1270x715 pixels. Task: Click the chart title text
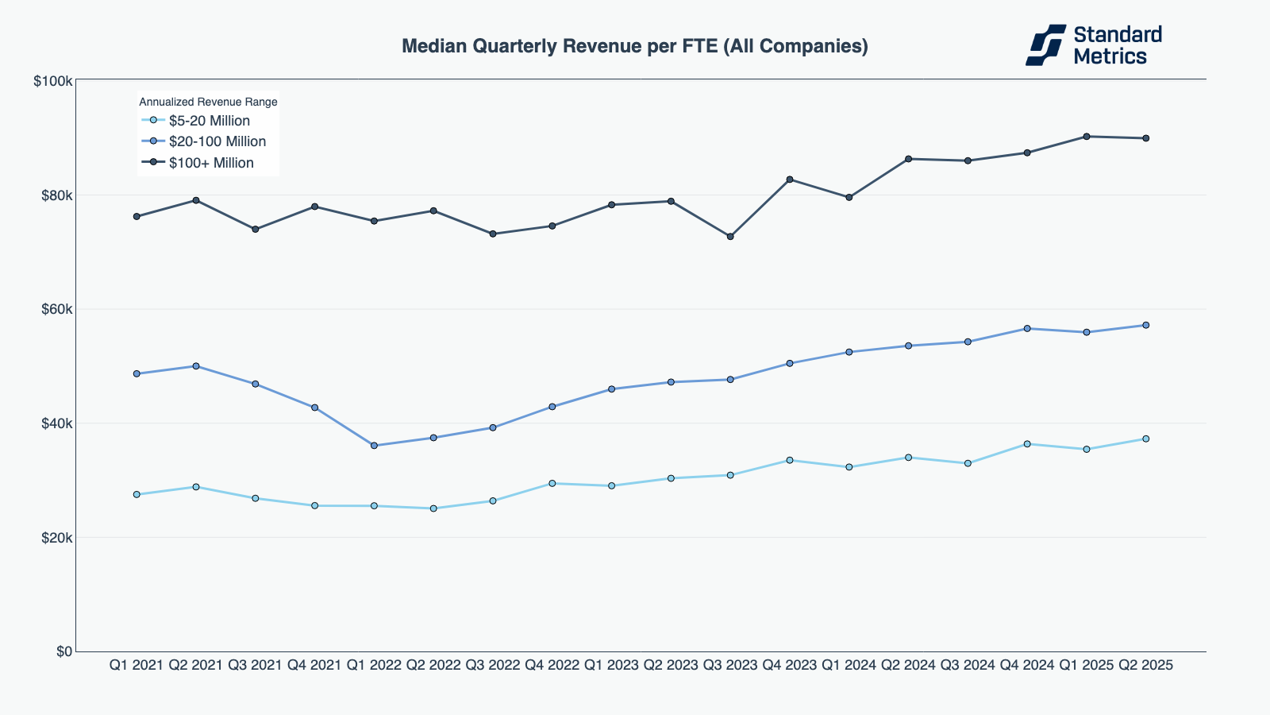click(x=634, y=46)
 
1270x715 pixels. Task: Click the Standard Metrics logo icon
click(x=1045, y=44)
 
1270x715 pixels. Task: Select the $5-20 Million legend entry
click(x=209, y=121)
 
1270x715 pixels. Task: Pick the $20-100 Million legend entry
click(x=217, y=141)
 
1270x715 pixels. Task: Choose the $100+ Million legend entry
click(x=211, y=163)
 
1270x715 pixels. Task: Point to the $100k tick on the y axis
click(x=53, y=81)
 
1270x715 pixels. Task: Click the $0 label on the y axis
click(x=63, y=651)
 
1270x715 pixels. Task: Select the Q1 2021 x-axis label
click(x=137, y=665)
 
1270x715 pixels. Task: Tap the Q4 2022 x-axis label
click(x=552, y=665)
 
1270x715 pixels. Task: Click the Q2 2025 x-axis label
click(x=1145, y=665)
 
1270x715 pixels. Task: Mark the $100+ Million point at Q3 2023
click(x=730, y=237)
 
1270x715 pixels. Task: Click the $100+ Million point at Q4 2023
click(x=790, y=180)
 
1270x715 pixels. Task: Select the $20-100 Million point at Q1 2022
click(x=374, y=446)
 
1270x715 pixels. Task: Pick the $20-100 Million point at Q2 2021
click(x=196, y=366)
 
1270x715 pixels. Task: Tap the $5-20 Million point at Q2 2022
click(x=433, y=508)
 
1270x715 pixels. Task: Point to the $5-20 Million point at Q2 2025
click(x=1145, y=439)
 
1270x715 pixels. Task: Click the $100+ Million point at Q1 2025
click(x=1086, y=137)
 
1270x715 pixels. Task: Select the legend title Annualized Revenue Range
click(x=208, y=102)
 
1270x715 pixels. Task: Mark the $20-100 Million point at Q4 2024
click(x=1027, y=328)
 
